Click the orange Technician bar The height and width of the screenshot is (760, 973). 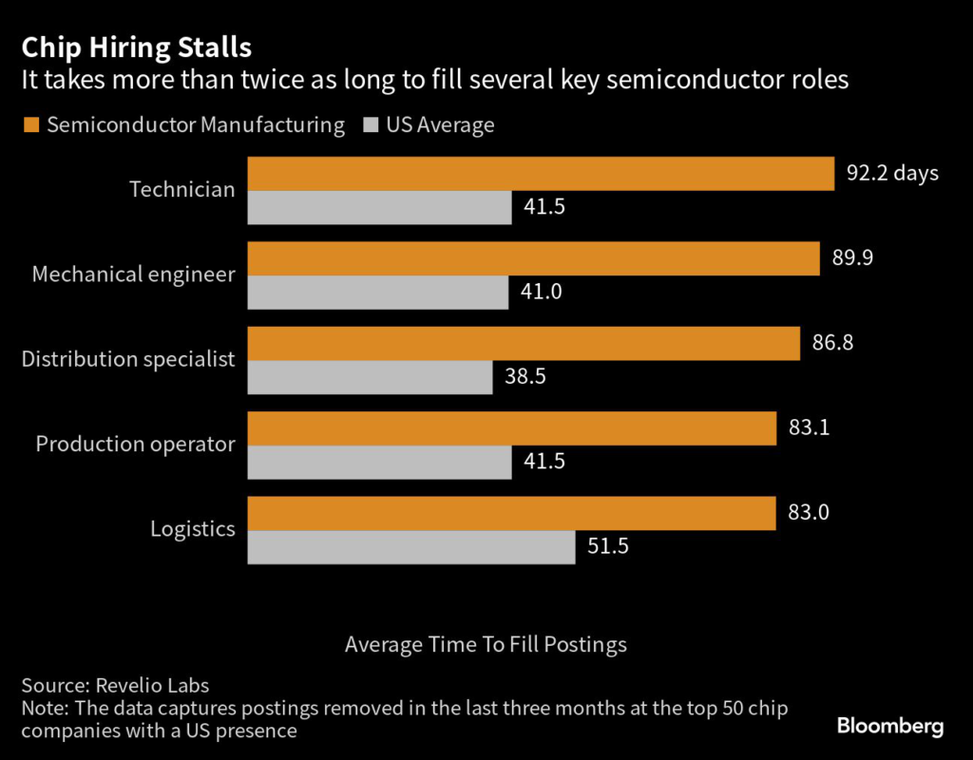541,174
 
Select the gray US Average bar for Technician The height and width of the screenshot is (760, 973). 379,207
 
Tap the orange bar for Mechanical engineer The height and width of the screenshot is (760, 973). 533,258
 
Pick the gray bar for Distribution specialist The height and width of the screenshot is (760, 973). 370,377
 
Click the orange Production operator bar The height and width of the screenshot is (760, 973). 512,427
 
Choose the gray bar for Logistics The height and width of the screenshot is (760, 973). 411,547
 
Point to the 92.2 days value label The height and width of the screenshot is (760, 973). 892,174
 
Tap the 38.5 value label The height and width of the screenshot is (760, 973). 525,377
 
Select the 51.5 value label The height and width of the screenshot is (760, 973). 608,547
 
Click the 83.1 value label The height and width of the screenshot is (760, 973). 810,427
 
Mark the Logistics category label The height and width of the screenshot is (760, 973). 193,529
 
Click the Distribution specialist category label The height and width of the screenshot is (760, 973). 128,359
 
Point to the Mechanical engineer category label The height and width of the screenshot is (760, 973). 133,275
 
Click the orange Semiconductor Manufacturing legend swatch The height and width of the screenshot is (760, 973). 30,125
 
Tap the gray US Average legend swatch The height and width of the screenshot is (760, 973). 370,125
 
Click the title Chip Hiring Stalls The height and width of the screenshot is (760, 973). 137,47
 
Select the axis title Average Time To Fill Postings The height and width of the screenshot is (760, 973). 486,644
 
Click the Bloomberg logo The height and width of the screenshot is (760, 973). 890,727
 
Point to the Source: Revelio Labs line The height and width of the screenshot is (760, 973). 114,685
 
